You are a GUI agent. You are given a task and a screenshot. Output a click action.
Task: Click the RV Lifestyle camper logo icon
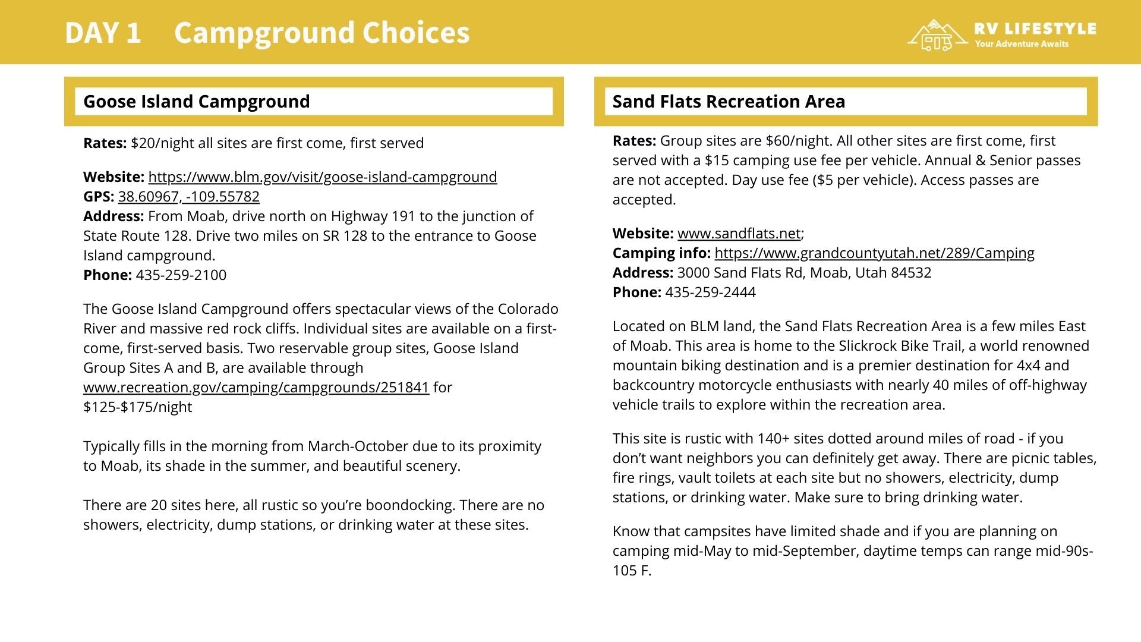pos(937,36)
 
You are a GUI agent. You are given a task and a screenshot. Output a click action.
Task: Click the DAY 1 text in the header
pos(103,33)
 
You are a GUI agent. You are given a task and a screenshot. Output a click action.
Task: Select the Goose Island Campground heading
pos(196,102)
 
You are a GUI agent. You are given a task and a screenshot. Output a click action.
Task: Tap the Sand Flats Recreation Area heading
pos(729,102)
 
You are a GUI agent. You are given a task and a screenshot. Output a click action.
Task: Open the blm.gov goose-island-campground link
pos(322,177)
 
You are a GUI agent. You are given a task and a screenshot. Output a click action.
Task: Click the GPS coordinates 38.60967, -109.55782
pos(188,197)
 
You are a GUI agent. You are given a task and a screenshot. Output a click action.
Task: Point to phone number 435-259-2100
pos(181,275)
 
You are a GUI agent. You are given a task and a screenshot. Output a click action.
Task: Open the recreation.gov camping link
pos(256,388)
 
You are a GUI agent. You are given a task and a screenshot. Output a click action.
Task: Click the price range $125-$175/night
pos(137,407)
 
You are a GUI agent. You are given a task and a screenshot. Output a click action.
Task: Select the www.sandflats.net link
pos(739,234)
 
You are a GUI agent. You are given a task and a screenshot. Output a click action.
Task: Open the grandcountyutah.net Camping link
pos(874,253)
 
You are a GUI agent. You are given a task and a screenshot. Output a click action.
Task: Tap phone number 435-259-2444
pos(710,292)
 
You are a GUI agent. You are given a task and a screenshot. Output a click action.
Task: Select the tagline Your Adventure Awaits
pos(1021,44)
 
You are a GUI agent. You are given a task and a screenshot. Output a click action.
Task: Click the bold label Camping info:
pos(661,253)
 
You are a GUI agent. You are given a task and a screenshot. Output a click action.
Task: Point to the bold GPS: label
pos(99,197)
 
